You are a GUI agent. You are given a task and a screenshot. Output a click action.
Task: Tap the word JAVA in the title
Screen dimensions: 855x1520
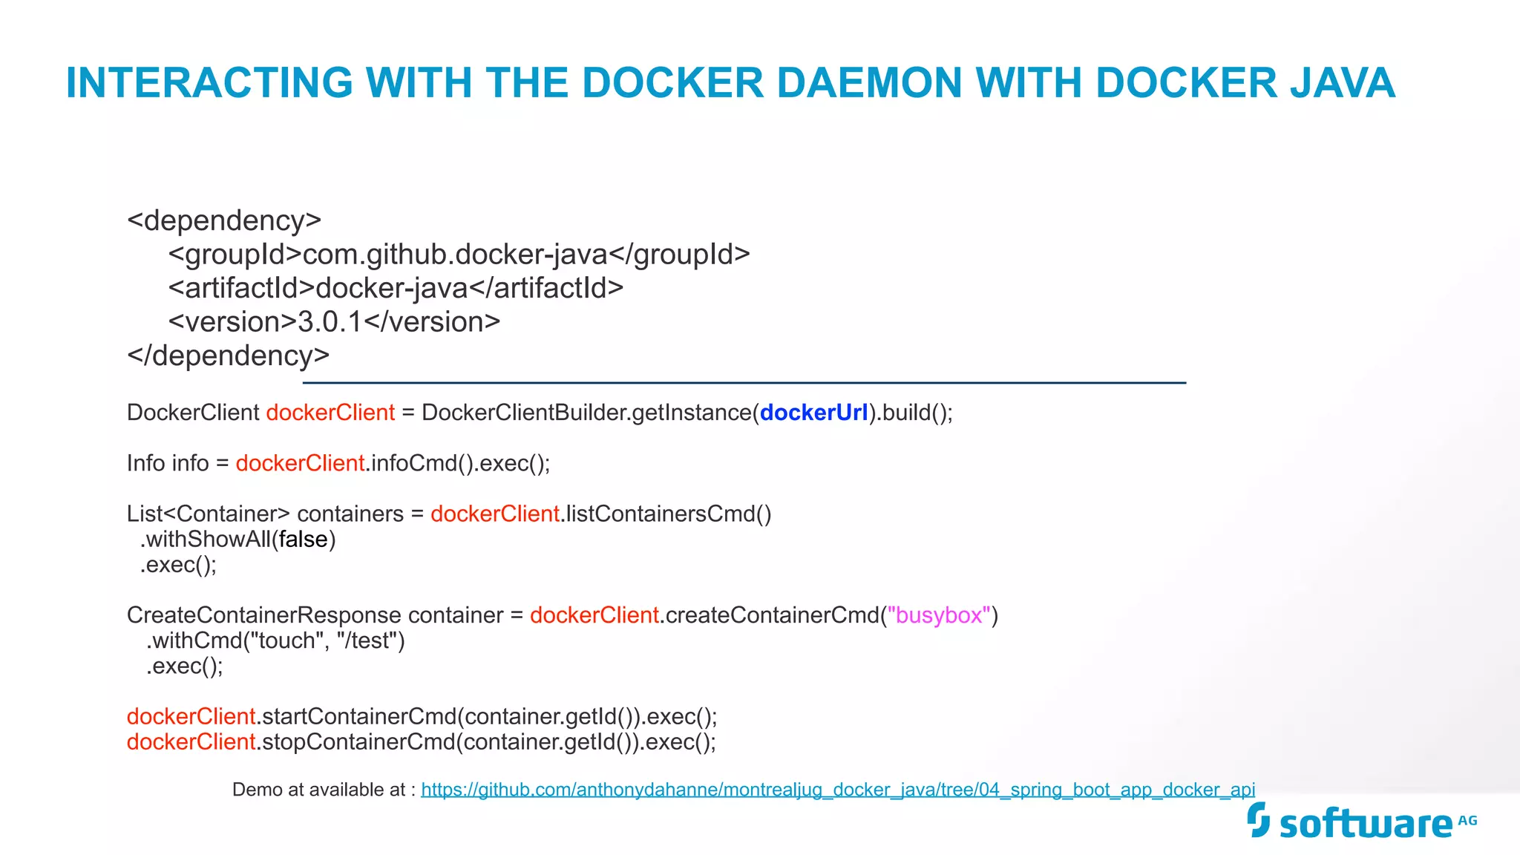1343,82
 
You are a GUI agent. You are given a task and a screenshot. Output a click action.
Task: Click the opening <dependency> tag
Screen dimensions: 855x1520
224,220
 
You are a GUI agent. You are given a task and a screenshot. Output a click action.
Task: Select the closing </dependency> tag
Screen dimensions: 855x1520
228,356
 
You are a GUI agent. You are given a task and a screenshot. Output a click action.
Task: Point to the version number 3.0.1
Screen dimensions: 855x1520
330,322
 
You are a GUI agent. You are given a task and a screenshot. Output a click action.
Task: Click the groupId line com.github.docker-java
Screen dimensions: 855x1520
459,255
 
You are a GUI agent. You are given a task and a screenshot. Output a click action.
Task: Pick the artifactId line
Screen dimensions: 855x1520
396,288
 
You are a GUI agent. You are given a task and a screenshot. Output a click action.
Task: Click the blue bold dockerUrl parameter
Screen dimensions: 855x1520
813,413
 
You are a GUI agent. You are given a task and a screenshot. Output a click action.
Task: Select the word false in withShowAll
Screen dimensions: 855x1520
303,540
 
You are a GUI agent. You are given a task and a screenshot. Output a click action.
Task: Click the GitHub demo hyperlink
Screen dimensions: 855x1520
838,790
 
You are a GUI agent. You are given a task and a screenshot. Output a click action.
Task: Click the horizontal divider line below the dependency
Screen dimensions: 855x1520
744,383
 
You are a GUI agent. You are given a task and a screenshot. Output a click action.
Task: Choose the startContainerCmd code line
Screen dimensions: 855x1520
422,717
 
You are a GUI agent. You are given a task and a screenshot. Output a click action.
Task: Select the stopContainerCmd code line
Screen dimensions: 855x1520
421,742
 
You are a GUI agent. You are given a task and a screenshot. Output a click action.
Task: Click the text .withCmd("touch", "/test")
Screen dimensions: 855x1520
275,641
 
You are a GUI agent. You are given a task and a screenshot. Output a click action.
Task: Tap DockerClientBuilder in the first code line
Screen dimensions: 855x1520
525,413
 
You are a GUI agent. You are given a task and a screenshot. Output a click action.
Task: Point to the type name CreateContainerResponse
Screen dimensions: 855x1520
263,615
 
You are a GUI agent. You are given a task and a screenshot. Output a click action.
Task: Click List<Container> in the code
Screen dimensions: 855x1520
208,514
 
